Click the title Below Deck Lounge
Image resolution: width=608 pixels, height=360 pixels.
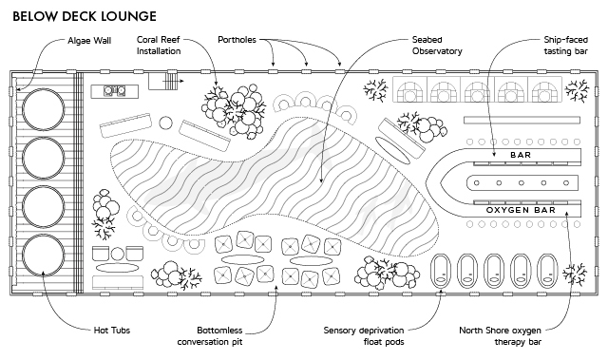click(x=85, y=16)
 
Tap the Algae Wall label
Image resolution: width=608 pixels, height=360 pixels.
click(x=89, y=41)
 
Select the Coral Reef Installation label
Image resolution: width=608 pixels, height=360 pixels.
click(x=159, y=46)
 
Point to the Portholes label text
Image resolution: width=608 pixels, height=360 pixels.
click(x=237, y=40)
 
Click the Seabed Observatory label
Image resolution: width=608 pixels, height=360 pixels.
click(x=437, y=46)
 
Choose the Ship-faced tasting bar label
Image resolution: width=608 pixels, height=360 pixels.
click(x=566, y=46)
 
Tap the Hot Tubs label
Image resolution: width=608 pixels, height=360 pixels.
click(x=112, y=331)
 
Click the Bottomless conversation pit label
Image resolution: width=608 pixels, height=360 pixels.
click(x=210, y=336)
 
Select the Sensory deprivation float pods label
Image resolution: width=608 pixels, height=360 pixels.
click(x=364, y=336)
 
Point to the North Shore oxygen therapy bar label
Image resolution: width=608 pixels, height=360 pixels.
click(x=501, y=336)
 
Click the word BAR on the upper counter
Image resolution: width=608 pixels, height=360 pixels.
click(x=521, y=155)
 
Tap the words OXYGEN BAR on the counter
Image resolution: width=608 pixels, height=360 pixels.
click(x=522, y=210)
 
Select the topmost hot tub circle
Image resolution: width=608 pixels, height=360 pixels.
click(x=43, y=109)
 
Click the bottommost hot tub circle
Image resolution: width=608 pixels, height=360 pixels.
click(x=43, y=256)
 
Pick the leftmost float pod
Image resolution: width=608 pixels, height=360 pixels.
click(x=441, y=271)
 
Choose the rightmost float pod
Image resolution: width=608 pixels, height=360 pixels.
click(x=547, y=271)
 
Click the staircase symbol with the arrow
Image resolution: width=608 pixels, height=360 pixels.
click(x=166, y=82)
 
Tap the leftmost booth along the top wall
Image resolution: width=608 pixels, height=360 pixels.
click(x=409, y=89)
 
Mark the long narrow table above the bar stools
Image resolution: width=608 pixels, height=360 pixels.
click(x=522, y=120)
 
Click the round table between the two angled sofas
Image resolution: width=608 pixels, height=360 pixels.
click(x=165, y=123)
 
